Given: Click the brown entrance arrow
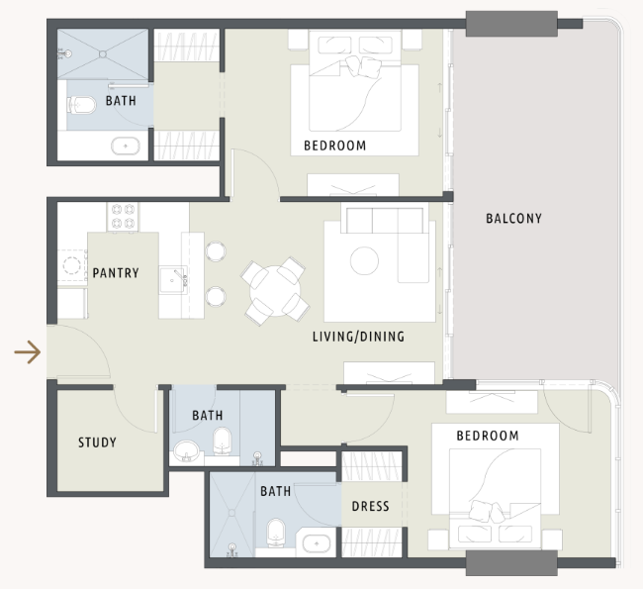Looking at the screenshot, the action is point(28,352).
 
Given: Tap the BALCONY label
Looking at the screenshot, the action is point(513,219).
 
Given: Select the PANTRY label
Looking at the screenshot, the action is point(116,273).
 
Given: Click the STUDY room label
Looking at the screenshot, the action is point(97,442).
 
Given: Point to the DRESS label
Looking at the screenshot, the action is point(370,506).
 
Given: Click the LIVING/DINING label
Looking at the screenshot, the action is point(358,337).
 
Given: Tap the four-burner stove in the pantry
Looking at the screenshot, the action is point(123,217).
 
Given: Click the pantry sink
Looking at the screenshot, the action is point(173,280).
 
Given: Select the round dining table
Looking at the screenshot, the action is point(275,291).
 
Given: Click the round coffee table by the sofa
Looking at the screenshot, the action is point(364,260).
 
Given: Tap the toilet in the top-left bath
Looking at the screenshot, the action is point(81,106).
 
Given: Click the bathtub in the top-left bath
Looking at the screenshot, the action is point(126,147).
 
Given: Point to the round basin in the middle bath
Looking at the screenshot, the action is point(187,451).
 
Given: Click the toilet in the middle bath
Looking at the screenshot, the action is point(223,442).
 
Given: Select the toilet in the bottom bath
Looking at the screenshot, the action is point(276,533).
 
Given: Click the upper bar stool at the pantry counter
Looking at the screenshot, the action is point(216,251).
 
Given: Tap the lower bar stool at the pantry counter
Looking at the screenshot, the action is point(216,296).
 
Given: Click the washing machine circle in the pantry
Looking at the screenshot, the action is point(71,265).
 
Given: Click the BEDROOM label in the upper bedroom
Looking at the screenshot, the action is point(335,146).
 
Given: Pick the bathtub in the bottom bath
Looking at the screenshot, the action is point(317,543).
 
